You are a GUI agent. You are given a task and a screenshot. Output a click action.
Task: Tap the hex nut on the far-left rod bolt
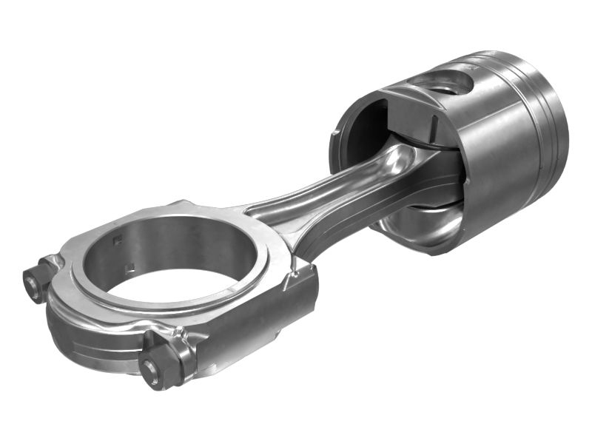(x=34, y=283)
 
